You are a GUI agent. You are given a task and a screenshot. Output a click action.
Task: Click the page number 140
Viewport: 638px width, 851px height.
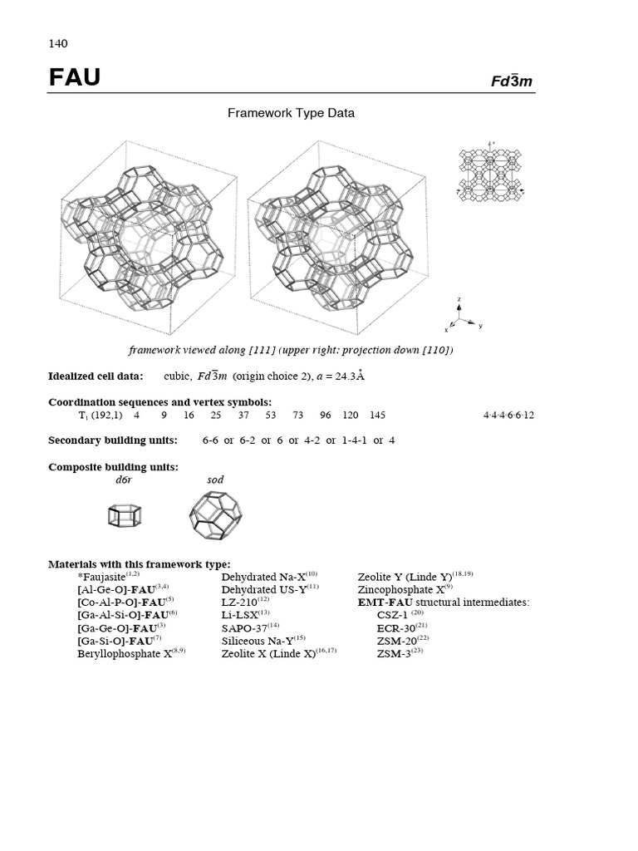pyautogui.click(x=57, y=43)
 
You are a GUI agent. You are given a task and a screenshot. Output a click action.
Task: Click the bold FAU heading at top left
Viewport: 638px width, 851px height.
pyautogui.click(x=74, y=78)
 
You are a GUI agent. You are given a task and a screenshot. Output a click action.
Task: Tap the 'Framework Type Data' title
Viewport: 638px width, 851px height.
pyautogui.click(x=291, y=113)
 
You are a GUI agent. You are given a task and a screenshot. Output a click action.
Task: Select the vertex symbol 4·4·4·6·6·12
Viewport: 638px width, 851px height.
pyautogui.click(x=508, y=415)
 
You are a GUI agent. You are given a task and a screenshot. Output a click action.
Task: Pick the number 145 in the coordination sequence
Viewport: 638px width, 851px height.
pyautogui.click(x=377, y=415)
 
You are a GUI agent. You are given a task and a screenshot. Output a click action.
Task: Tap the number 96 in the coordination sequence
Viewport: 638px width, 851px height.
pyautogui.click(x=325, y=415)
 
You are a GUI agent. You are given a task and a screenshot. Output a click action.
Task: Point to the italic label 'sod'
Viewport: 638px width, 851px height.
pyautogui.click(x=214, y=480)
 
